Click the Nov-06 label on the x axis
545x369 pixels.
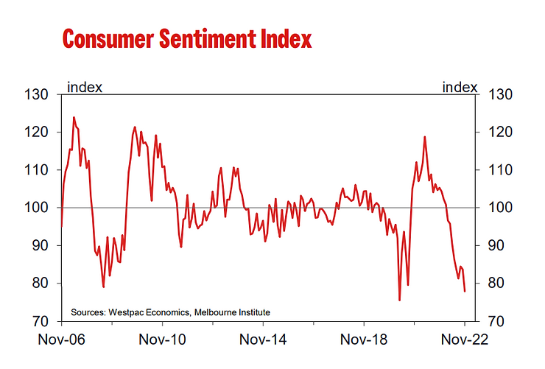tap(62, 341)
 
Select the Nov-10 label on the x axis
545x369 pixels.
tap(162, 341)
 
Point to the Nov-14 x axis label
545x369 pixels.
tap(263, 341)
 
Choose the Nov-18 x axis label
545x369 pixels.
tap(364, 341)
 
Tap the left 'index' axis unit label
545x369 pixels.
tap(85, 87)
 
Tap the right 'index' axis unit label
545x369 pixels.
tap(459, 87)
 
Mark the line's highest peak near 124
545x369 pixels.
tap(74, 117)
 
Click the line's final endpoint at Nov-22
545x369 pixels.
tap(465, 292)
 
